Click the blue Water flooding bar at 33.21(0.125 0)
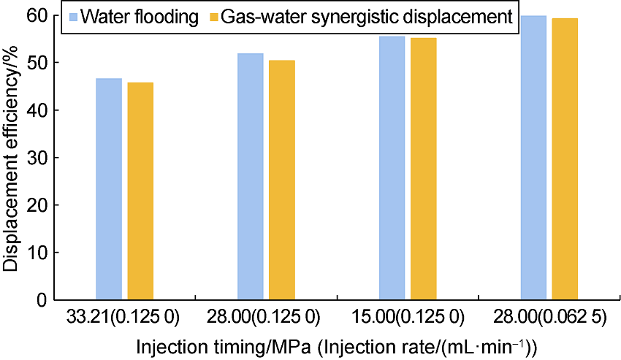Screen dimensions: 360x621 click(109, 189)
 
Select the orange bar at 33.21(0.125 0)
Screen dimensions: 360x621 click(140, 191)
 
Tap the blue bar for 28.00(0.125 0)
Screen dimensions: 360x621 click(250, 177)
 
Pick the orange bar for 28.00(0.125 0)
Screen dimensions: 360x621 click(282, 180)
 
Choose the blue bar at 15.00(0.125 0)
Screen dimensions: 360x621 click(392, 168)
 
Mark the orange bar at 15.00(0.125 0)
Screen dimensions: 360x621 click(424, 169)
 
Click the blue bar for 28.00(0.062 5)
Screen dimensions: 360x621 click(533, 158)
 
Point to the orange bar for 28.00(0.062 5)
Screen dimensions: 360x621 click(565, 159)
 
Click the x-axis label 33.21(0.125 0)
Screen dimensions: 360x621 click(124, 318)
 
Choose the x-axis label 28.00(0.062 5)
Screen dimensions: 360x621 click(549, 318)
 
